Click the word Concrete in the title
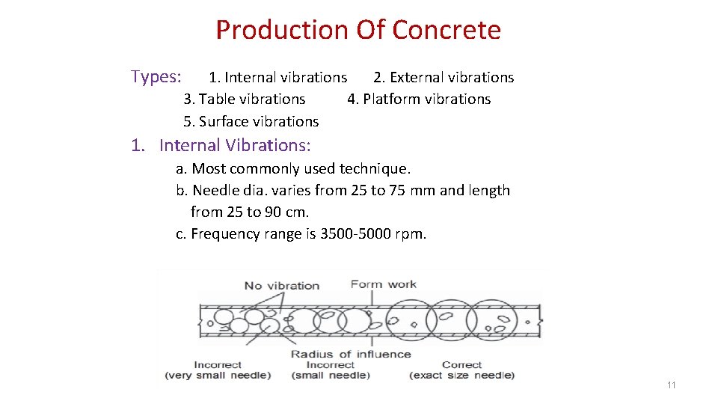tap(446, 30)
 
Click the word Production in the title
tap(282, 30)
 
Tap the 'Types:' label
tap(156, 76)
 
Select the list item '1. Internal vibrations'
tap(277, 77)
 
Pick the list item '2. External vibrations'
tap(444, 77)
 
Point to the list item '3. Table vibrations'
tap(245, 99)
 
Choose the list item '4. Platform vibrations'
tap(419, 99)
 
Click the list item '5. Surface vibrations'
tap(251, 121)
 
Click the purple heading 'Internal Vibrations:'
tap(235, 145)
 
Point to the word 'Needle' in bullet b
tap(215, 190)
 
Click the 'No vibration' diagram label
tap(282, 285)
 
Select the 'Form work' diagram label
tap(384, 284)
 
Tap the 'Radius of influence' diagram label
tap(351, 354)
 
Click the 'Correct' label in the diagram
tap(461, 364)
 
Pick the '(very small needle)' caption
tap(218, 375)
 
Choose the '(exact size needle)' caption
tap(461, 375)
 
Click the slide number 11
tap(671, 385)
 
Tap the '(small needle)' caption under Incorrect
tap(331, 375)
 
